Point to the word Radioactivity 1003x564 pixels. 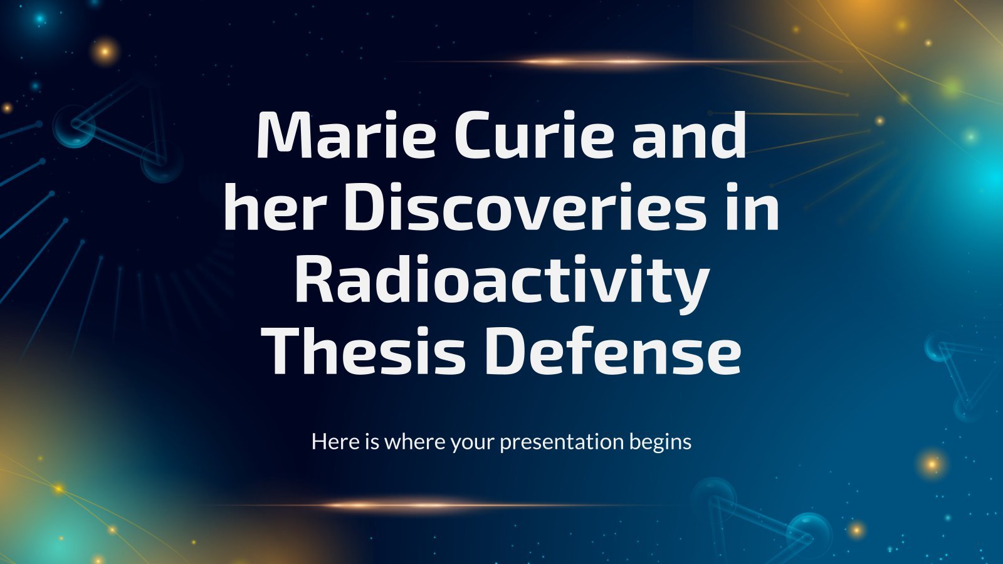click(502, 279)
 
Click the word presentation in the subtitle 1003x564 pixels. click(562, 442)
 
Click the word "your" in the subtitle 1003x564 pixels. click(473, 443)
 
